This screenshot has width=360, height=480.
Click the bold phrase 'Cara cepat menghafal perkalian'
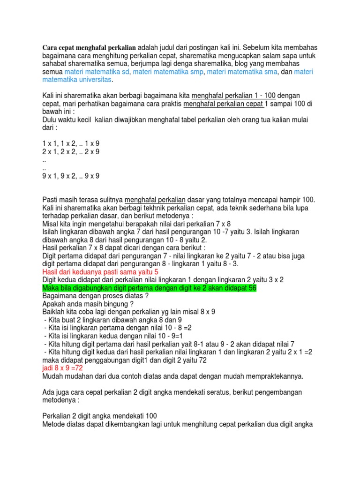coord(89,48)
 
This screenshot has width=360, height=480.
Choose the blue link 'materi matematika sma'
coord(243,72)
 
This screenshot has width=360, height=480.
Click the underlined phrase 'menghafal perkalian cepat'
coord(223,104)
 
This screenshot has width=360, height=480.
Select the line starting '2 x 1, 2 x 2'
coord(71,152)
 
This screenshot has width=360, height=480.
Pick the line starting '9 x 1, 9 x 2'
coord(71,176)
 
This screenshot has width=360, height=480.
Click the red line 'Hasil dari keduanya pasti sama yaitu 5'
coord(100,271)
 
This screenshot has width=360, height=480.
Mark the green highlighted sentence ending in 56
coord(149,287)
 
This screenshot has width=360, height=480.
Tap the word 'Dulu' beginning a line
coord(50,120)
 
